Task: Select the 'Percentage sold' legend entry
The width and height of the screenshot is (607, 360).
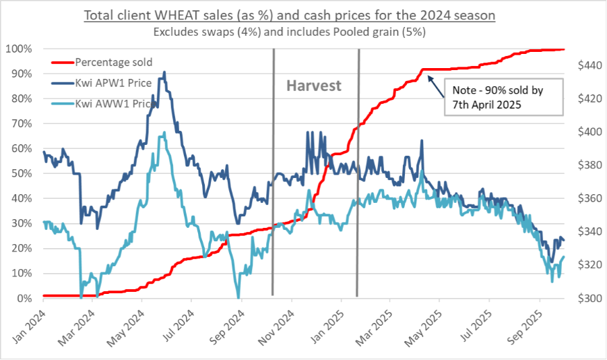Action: tap(113, 62)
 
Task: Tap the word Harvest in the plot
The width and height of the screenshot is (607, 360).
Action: tap(314, 86)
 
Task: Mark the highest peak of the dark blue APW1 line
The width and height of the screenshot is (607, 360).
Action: tap(164, 72)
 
